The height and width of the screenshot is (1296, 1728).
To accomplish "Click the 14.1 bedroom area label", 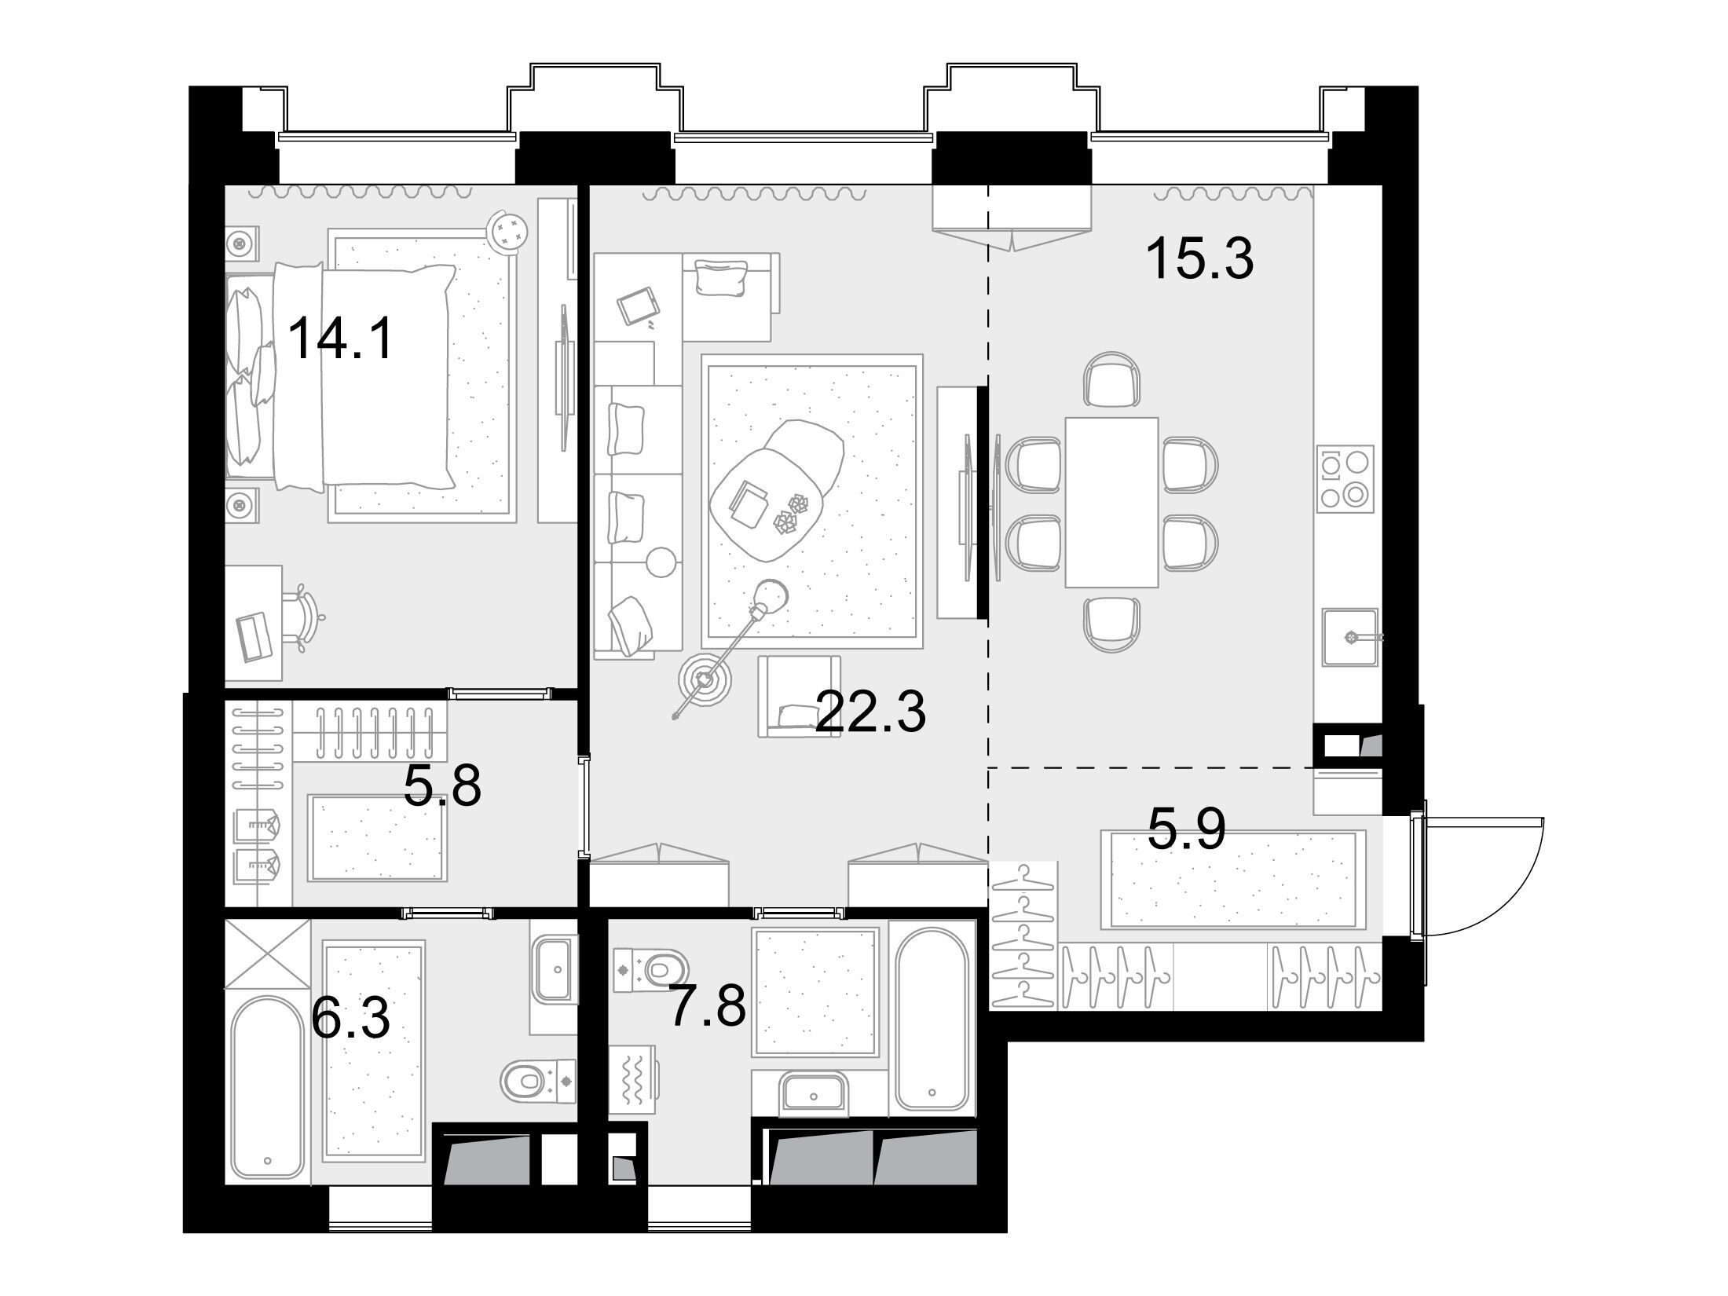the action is (340, 338).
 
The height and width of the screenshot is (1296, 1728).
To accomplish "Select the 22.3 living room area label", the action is (871, 710).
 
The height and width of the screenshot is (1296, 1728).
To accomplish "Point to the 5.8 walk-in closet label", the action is (441, 785).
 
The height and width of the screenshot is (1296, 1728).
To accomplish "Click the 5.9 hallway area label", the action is (1187, 828).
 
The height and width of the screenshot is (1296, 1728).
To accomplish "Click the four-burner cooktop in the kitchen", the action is (1346, 478).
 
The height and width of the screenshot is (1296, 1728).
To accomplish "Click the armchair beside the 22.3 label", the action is (799, 697).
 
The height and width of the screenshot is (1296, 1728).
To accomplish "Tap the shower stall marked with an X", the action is (268, 954).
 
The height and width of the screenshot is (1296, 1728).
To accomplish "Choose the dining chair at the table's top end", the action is (1111, 379).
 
